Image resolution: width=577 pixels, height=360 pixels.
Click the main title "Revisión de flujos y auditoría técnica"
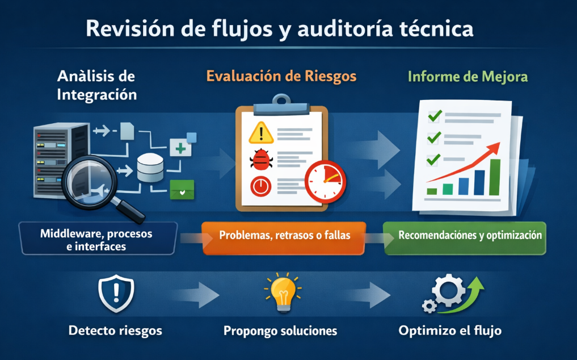pos(280,28)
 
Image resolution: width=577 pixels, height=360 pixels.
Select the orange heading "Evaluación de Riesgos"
pos(281,76)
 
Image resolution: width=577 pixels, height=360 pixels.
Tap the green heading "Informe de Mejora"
pos(467,76)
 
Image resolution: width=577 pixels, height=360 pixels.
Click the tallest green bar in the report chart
pos(495,177)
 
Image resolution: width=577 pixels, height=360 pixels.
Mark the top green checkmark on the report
pos(435,116)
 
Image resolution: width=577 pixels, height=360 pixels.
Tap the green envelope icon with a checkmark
pos(182,190)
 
